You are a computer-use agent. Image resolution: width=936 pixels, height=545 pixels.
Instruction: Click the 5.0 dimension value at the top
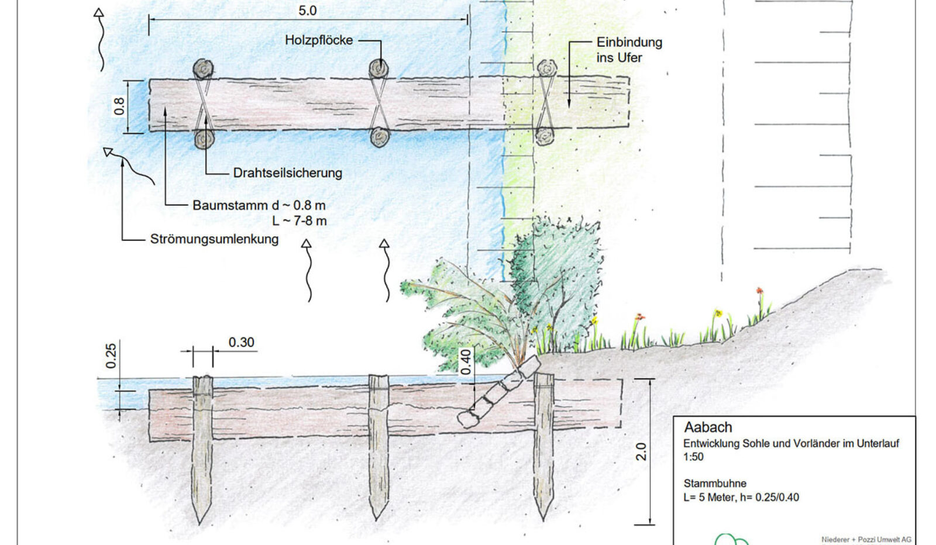307,11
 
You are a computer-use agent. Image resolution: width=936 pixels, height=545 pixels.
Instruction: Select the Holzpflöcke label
319,40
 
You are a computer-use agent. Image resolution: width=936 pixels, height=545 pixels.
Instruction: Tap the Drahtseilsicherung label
287,173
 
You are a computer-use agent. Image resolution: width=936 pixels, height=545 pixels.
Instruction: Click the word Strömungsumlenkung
214,239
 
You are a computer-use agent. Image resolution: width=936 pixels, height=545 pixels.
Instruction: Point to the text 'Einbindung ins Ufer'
629,50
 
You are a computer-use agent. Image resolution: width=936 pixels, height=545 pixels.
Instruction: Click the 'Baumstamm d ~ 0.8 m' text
259,206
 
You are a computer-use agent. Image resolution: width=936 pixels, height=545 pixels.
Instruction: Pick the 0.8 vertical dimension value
119,106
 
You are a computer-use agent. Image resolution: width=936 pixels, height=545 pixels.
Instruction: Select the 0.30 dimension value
241,343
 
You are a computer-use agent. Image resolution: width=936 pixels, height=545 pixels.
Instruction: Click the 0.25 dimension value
111,356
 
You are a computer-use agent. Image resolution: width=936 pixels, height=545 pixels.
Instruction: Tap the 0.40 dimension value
466,362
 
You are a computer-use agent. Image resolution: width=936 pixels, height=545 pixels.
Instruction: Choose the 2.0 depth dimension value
641,452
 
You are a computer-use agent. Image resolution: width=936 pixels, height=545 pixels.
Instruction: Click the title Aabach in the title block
708,427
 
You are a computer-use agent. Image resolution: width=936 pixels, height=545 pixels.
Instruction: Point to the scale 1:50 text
693,457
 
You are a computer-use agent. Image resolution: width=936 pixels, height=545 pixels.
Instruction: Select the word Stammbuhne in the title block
715,484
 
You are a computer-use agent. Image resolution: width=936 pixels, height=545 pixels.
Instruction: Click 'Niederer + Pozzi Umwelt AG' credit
866,540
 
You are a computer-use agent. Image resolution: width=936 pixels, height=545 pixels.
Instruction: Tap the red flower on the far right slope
759,291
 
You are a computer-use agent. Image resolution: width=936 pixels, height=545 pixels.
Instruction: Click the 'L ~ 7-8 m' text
299,221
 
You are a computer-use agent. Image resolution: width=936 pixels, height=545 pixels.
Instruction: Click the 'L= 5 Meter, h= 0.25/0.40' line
741,498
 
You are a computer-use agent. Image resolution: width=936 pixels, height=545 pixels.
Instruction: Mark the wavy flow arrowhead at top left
99,12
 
